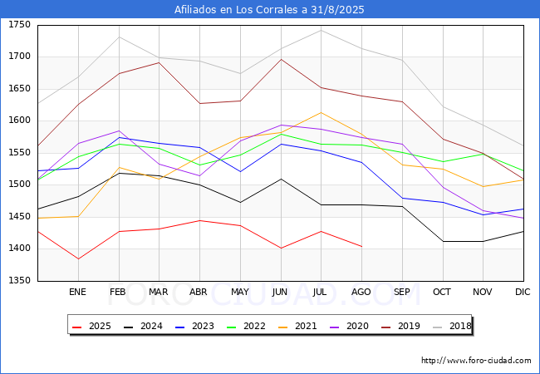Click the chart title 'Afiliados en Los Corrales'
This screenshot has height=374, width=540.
tap(269, 10)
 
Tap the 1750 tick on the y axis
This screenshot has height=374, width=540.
tap(19, 25)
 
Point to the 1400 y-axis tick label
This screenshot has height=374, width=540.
tap(19, 249)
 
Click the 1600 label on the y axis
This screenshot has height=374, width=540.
tap(19, 121)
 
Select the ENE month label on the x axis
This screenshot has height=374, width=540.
tap(77, 292)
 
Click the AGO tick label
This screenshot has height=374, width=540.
tap(361, 292)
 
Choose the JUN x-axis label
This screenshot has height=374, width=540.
tap(280, 292)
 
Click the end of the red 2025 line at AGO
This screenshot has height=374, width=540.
tap(361, 246)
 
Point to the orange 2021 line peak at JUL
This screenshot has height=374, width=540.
tap(321, 112)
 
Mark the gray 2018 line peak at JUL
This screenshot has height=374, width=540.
tap(321, 30)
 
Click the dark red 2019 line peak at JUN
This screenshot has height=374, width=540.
tap(281, 59)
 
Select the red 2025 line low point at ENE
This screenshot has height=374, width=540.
tap(77, 258)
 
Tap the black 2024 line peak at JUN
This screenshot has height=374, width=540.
tap(281, 179)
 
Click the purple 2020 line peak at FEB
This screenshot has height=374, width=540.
tap(119, 130)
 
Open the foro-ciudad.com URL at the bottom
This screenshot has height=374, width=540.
tap(476, 361)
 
